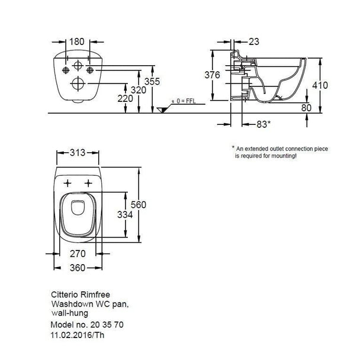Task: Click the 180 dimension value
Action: click(x=77, y=41)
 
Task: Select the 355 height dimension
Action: click(x=152, y=81)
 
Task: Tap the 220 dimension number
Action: click(x=125, y=98)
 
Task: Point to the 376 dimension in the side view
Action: click(x=212, y=75)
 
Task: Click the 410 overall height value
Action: click(x=320, y=85)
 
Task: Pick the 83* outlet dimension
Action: click(x=263, y=124)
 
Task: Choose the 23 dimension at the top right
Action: click(x=254, y=41)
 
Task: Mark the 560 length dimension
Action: click(x=139, y=204)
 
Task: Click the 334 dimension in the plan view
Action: click(x=125, y=215)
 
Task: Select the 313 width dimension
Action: click(x=78, y=152)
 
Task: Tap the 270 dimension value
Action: click(x=78, y=253)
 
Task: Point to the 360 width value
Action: click(x=78, y=268)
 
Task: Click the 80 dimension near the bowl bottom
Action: click(x=306, y=108)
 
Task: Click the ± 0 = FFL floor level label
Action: click(x=184, y=101)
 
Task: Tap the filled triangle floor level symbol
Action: click(x=163, y=110)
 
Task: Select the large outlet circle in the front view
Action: click(x=78, y=83)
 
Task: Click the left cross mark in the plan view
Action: click(x=67, y=183)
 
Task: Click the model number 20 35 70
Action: click(x=107, y=324)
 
